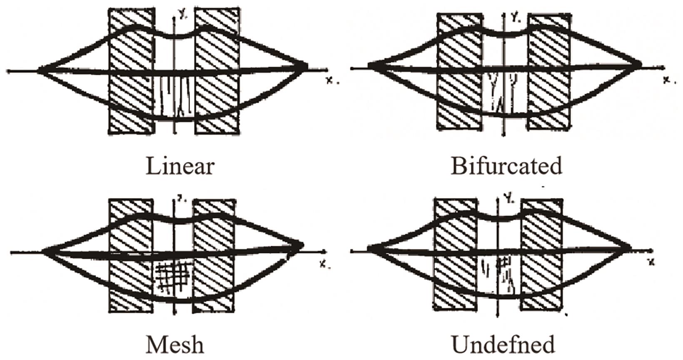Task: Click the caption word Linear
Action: pyautogui.click(x=180, y=166)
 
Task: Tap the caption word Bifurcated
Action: pyautogui.click(x=506, y=166)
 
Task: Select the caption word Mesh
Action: pyautogui.click(x=175, y=345)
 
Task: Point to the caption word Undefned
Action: pyautogui.click(x=503, y=345)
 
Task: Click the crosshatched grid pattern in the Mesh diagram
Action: pyautogui.click(x=172, y=277)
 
